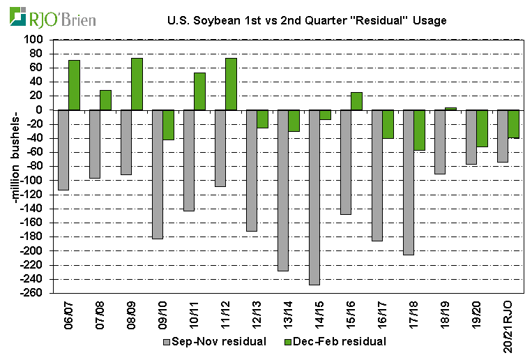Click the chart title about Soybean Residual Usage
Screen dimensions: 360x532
tap(307, 20)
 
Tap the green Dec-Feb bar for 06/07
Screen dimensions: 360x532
tap(74, 85)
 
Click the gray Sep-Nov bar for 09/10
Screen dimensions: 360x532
tap(157, 174)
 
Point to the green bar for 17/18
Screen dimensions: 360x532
tap(419, 130)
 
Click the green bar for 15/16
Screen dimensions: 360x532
tap(356, 101)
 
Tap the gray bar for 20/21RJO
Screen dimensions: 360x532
tap(502, 136)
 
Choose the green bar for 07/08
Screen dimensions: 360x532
tap(105, 100)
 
